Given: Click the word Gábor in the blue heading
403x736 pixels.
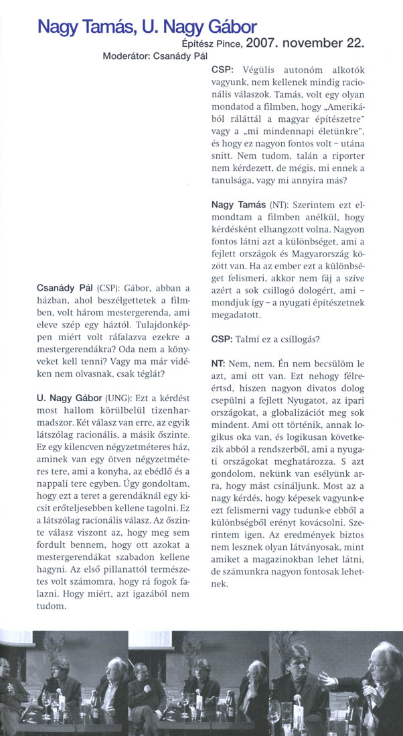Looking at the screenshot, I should click(230, 27).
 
